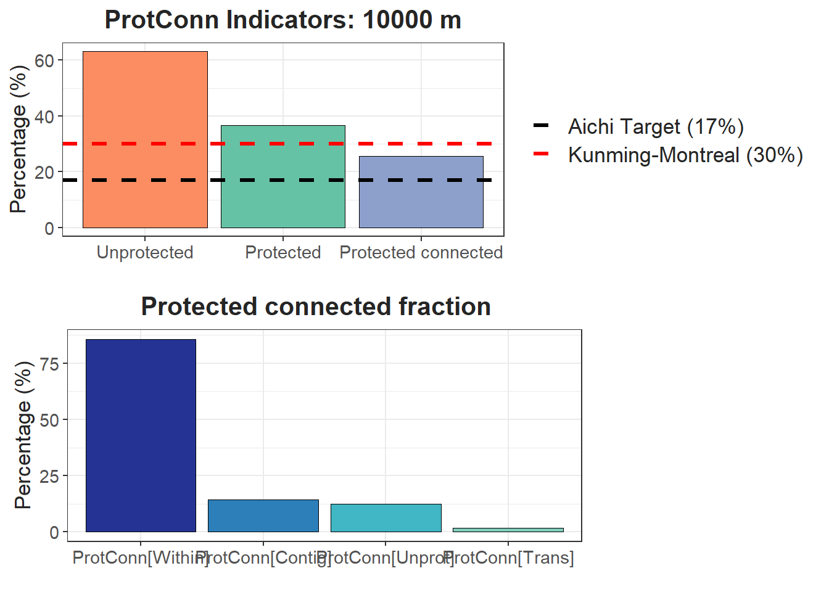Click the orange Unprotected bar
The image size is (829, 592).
pyautogui.click(x=145, y=139)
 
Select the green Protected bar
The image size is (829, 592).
pyautogui.click(x=283, y=176)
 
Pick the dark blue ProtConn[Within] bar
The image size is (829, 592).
pyautogui.click(x=141, y=435)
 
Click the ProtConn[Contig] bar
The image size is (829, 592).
pyautogui.click(x=263, y=516)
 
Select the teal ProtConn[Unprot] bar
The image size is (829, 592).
pyautogui.click(x=386, y=518)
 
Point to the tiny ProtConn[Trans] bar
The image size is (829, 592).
pyautogui.click(x=508, y=530)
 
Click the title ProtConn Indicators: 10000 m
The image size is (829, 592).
pyautogui.click(x=283, y=20)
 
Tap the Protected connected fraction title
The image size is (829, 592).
pyautogui.click(x=316, y=306)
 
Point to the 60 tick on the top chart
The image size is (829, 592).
pyautogui.click(x=44, y=60)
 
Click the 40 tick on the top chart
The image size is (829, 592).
pyautogui.click(x=44, y=117)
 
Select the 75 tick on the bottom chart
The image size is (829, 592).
pyautogui.click(x=49, y=364)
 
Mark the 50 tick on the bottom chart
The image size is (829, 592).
pyautogui.click(x=49, y=420)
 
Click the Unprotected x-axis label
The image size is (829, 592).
pyautogui.click(x=145, y=252)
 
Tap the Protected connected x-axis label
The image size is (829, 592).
pyautogui.click(x=421, y=252)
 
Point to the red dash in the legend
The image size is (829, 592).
pyautogui.click(x=541, y=154)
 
